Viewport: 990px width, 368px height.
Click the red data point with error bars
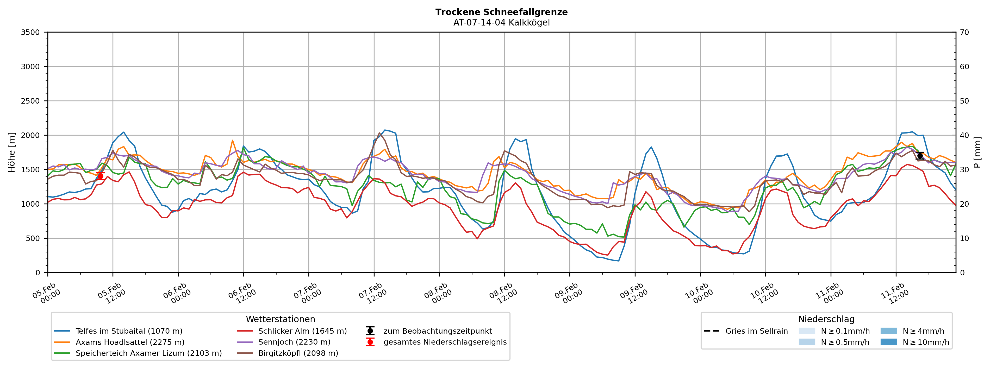pos(100,176)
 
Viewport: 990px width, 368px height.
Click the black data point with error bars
pos(920,156)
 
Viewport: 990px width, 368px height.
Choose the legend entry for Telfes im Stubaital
pos(129,331)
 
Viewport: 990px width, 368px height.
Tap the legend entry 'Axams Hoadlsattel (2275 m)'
pos(130,342)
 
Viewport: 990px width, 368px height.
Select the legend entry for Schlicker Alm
pos(302,331)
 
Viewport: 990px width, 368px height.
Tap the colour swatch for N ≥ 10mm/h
pos(888,342)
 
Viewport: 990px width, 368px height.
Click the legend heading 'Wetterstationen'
pos(280,319)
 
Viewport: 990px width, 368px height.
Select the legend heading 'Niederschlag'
pos(826,319)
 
